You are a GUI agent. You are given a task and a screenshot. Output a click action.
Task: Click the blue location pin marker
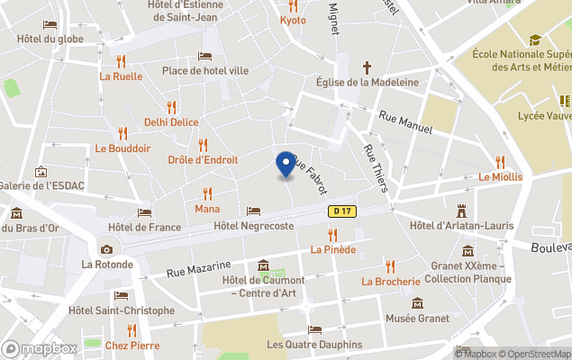tap(286, 164)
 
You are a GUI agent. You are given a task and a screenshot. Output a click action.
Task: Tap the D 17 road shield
tap(339, 211)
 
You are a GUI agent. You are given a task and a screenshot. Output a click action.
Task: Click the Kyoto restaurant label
tap(293, 20)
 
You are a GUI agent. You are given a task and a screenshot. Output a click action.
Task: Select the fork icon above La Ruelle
tap(122, 60)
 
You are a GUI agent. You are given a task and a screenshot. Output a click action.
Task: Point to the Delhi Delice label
tap(171, 121)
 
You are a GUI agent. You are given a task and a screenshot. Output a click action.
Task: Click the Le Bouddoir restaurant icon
tap(123, 133)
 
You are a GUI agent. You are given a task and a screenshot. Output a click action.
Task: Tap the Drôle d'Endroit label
tap(203, 160)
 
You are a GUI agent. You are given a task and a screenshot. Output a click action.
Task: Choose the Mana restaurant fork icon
tap(208, 193)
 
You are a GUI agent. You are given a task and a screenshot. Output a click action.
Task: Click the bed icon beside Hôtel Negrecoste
tap(253, 211)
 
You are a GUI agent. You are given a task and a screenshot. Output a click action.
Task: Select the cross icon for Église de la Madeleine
tap(367, 67)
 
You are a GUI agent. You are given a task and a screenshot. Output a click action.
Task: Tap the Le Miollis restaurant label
tap(500, 176)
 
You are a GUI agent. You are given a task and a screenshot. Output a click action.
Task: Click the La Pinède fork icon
tap(332, 235)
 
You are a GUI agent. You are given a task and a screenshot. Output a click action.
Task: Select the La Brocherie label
tap(391, 281)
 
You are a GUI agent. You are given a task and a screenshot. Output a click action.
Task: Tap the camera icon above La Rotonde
tap(107, 249)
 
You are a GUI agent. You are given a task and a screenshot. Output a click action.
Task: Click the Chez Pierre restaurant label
tap(132, 345)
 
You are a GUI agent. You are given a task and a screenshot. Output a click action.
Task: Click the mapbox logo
tap(40, 348)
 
